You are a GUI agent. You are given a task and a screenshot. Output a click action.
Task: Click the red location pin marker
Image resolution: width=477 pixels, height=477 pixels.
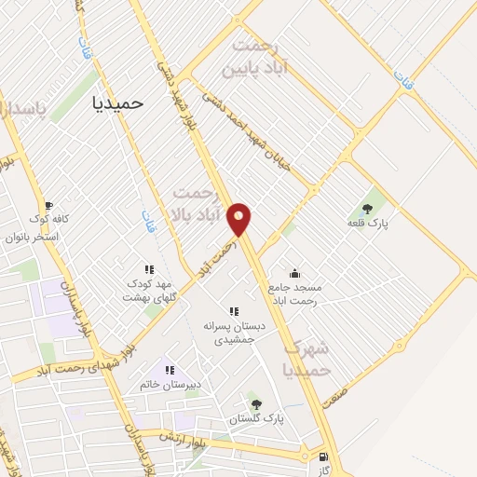(240, 220)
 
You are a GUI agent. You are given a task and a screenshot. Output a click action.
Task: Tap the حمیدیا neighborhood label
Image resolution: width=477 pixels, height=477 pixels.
(119, 103)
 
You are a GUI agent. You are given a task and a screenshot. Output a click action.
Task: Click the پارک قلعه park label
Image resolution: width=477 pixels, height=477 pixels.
(368, 224)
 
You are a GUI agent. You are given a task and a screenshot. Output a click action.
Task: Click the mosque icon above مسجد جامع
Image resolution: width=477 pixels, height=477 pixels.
(295, 273)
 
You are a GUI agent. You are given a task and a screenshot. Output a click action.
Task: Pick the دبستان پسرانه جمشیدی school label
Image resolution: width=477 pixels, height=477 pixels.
(235, 333)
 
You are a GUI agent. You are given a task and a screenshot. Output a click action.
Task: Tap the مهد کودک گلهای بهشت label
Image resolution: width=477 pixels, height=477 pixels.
(150, 290)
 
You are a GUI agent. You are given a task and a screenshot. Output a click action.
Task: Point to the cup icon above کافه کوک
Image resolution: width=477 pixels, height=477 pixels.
(48, 206)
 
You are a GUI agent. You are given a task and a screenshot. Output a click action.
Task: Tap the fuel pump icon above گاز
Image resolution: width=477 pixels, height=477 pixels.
(323, 457)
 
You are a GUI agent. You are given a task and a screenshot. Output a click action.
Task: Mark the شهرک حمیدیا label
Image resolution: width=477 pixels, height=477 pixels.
(307, 359)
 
